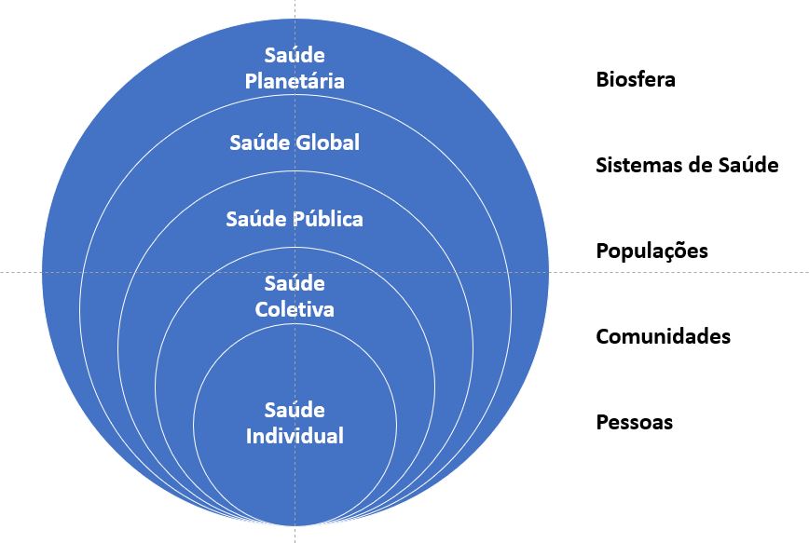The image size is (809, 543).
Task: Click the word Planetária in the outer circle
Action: coord(295,81)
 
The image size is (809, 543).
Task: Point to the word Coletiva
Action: coord(295,308)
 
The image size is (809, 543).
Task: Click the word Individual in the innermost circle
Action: coord(295,435)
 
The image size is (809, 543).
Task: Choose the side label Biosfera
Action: coord(636,79)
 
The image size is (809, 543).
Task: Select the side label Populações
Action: coord(651,251)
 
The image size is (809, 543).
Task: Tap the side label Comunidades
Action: coord(663,336)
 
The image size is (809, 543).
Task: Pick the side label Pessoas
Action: coord(634,422)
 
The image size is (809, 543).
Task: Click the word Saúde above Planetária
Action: coord(295,56)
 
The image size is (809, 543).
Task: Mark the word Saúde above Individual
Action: coord(295,410)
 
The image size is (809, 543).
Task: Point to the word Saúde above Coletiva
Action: coord(295,283)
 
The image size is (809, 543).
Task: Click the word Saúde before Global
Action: coord(253,143)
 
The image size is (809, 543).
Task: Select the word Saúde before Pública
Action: coord(252,220)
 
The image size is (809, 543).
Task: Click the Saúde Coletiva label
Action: coord(295,296)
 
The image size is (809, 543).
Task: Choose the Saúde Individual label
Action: coord(295,423)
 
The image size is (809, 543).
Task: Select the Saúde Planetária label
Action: coord(295,68)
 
